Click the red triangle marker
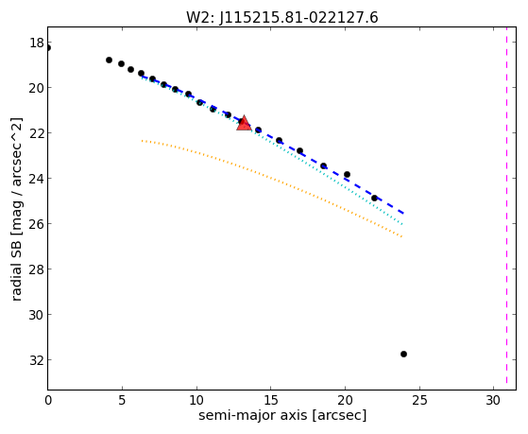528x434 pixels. pos(244,123)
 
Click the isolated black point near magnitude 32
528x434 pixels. pos(403,354)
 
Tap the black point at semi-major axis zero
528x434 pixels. pos(48,48)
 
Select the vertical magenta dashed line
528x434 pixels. pos(506,208)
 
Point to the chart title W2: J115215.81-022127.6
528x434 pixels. pos(282,18)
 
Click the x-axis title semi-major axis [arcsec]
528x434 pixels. pos(282,415)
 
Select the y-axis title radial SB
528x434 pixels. pos(16,209)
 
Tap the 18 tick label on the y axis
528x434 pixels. pos(37,43)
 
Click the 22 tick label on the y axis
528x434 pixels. pos(37,133)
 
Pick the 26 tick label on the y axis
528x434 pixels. pos(37,223)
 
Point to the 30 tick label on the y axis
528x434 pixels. pos(37,314)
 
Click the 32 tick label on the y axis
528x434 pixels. pos(37,360)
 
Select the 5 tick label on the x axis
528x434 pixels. pos(122,400)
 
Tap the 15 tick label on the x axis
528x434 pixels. pos(271,400)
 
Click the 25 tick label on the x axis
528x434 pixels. pos(419,400)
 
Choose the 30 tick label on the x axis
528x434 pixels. pos(494,400)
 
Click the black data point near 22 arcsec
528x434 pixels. pos(374,198)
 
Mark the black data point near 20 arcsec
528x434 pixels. pos(347,174)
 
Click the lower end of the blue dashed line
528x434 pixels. pos(403,214)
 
